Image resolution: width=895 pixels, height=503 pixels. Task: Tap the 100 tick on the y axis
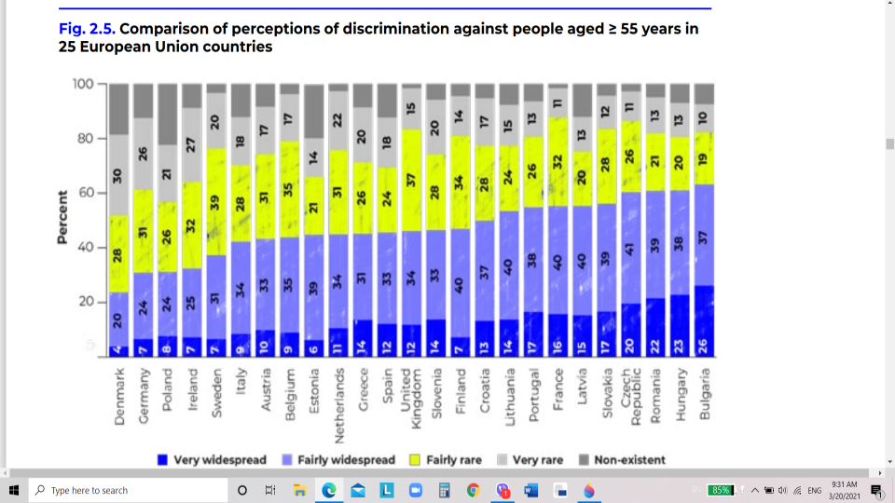[x=84, y=85]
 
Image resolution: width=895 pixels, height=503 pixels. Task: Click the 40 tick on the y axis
[x=86, y=248]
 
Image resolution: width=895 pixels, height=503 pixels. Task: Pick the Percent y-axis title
[x=62, y=217]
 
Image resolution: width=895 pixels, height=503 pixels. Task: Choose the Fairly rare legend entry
[x=450, y=460]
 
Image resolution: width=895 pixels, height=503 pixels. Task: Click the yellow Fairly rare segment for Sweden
[x=216, y=201]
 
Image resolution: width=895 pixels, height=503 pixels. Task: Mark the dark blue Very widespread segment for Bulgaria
[x=705, y=321]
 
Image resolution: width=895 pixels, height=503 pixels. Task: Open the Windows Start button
[x=15, y=490]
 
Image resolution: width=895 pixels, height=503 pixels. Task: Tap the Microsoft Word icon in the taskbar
[x=531, y=490]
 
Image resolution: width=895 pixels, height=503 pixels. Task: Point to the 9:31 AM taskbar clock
[x=845, y=484]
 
